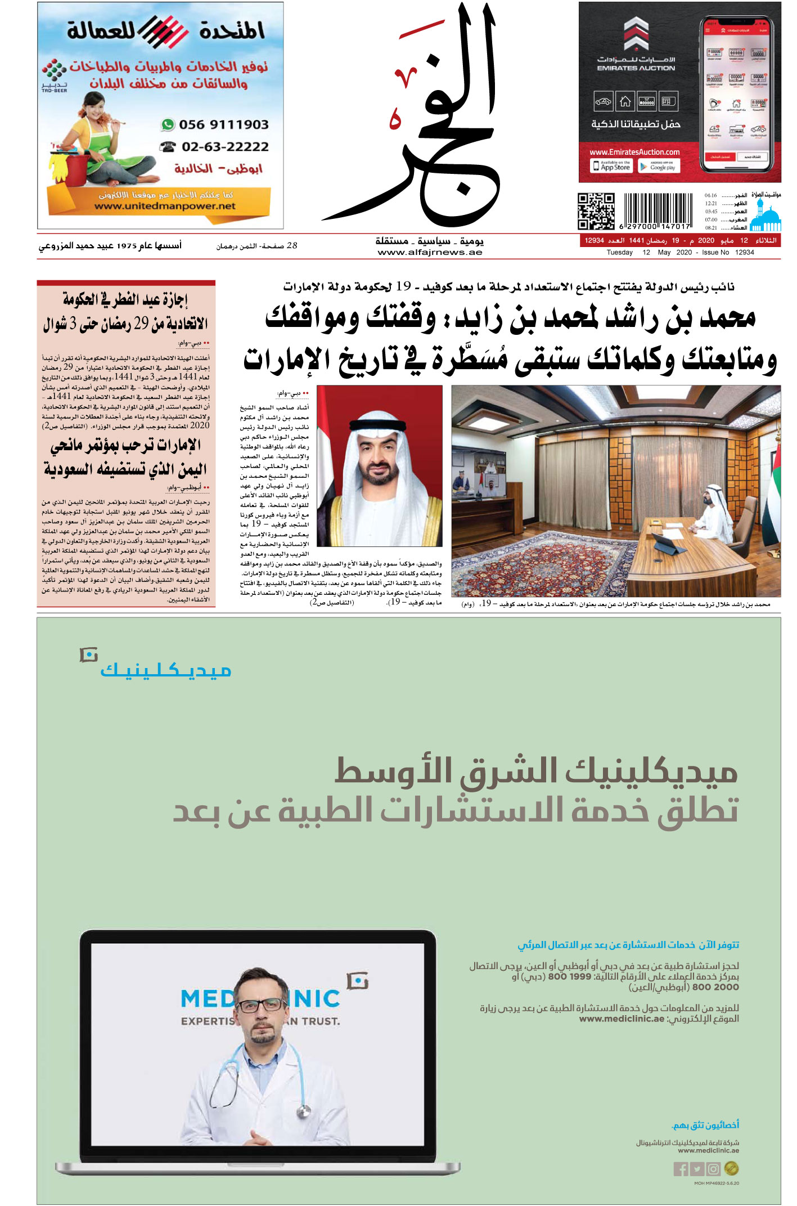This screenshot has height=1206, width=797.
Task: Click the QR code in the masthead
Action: coord(596,211)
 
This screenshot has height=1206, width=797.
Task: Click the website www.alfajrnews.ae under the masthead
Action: coord(430,253)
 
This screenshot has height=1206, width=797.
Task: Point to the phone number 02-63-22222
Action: coord(224,147)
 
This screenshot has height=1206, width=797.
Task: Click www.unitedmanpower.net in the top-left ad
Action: coord(165,207)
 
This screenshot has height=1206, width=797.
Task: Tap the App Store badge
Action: coord(611,166)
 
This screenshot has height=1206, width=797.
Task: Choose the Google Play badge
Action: coord(659,167)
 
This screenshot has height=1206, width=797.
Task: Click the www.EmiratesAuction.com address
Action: coord(634,152)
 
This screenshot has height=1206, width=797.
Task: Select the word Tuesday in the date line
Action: coord(619,253)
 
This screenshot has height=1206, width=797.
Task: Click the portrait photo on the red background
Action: coord(380,466)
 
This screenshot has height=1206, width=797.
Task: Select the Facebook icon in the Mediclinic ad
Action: coord(681,1169)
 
